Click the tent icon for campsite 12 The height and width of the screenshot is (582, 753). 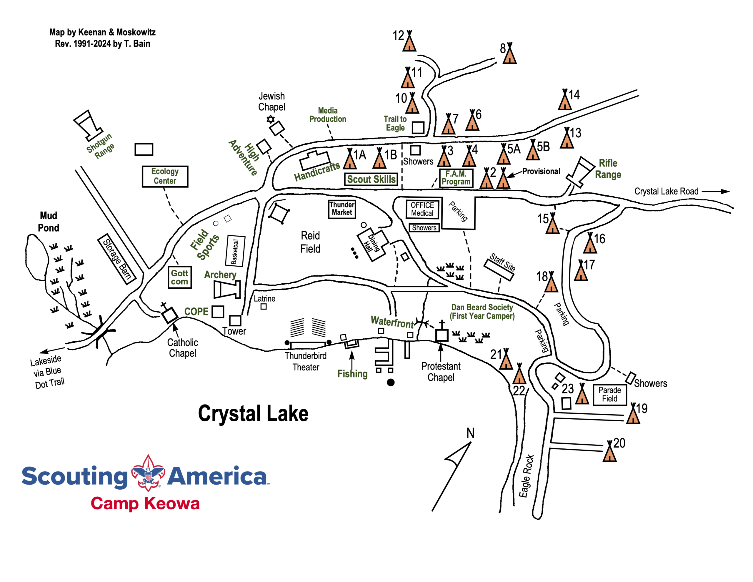click(409, 43)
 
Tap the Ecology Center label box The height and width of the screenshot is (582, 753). click(165, 176)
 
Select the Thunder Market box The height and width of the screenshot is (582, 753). click(342, 209)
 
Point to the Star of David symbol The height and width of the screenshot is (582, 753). click(271, 119)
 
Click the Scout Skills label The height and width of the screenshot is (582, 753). click(371, 179)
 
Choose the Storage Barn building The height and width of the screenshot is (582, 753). click(117, 259)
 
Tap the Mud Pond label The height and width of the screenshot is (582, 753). click(48, 222)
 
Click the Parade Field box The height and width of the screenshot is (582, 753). click(609, 394)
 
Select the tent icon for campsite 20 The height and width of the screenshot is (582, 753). click(609, 452)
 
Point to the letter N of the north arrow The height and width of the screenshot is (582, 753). click(470, 433)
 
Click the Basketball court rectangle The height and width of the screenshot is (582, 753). click(236, 251)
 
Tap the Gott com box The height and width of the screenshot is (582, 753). click(179, 277)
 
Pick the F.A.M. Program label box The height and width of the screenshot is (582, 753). click(456, 178)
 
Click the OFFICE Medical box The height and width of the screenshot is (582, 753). click(422, 209)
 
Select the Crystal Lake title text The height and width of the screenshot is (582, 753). click(253, 414)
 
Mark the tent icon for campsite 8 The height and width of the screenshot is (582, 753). click(509, 55)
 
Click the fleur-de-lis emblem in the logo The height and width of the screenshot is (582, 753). click(148, 473)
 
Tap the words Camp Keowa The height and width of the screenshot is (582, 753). click(145, 503)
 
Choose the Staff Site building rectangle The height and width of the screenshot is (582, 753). click(499, 270)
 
